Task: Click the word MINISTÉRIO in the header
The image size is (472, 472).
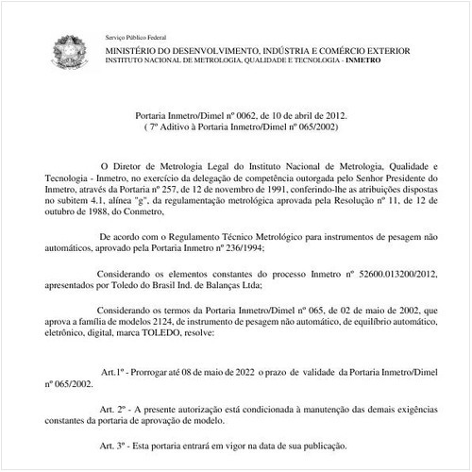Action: [x=129, y=45]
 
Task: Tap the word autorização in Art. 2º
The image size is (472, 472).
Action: [x=197, y=407]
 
